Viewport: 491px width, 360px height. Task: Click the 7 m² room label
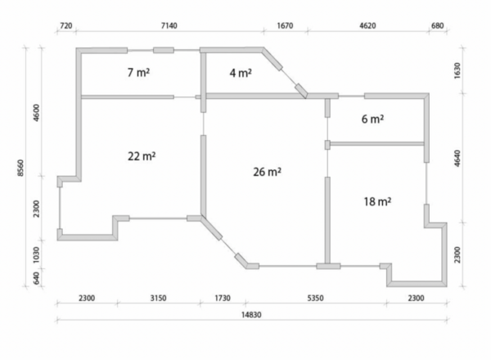pos(138,72)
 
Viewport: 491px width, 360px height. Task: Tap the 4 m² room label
pos(241,73)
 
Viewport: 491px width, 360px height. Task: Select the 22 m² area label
pos(142,156)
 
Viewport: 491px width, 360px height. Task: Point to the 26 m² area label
pos(267,172)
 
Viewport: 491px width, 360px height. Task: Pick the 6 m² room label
pos(372,119)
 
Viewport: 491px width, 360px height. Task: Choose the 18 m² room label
pos(377,201)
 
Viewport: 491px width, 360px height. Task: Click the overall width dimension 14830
pos(251,315)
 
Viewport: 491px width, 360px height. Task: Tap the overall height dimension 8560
pos(20,168)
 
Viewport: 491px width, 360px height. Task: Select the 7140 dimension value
pos(169,25)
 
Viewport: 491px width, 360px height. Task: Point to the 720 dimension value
pos(65,25)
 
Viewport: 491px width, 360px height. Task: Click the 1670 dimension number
pos(285,25)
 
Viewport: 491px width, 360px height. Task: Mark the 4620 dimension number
pos(367,25)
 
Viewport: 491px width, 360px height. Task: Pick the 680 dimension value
pos(438,25)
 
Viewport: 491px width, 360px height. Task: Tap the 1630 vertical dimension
pos(457,70)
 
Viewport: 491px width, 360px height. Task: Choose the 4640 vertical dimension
pos(457,159)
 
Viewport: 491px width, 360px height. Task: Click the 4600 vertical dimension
pos(36,113)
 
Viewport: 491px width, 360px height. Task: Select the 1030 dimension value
pos(36,254)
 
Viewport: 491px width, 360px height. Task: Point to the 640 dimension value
pos(36,278)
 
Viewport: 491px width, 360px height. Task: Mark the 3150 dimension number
pos(158,298)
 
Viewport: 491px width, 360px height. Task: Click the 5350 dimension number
pos(315,298)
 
